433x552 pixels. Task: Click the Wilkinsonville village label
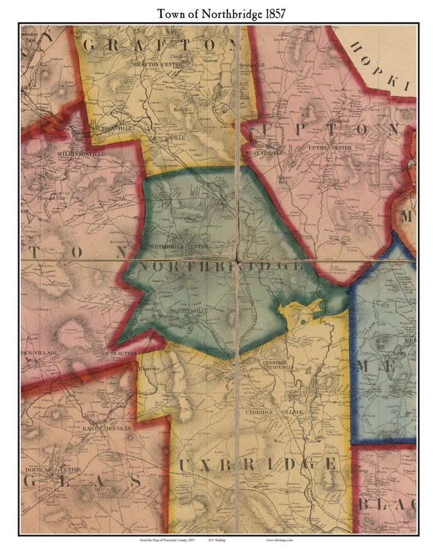coord(77,155)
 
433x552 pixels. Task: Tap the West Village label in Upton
coord(264,153)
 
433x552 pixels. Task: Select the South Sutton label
coord(115,353)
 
